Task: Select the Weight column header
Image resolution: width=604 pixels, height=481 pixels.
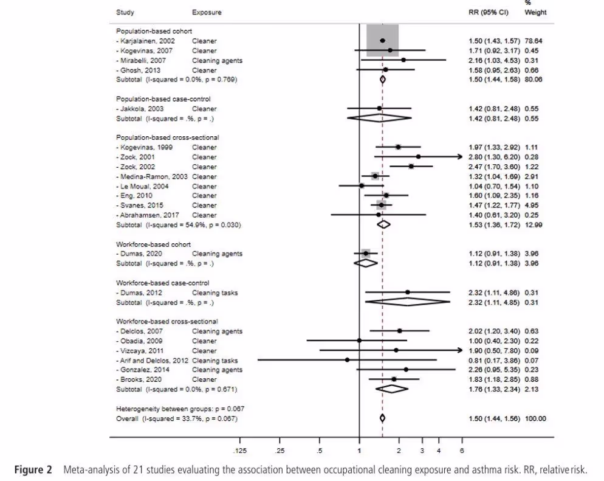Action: [535, 12]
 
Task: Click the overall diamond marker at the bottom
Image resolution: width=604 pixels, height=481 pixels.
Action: [382, 418]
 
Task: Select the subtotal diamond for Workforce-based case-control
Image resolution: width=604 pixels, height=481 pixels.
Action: [407, 302]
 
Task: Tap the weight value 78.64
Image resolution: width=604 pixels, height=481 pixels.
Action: [535, 41]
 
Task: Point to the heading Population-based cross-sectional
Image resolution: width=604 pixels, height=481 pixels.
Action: [167, 137]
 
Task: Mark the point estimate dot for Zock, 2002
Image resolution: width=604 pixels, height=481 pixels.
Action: [411, 166]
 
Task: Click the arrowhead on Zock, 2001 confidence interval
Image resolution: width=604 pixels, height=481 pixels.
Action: [460, 157]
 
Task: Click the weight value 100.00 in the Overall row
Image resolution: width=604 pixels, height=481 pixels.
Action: [536, 418]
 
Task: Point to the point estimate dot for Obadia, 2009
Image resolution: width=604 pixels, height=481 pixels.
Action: [359, 341]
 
